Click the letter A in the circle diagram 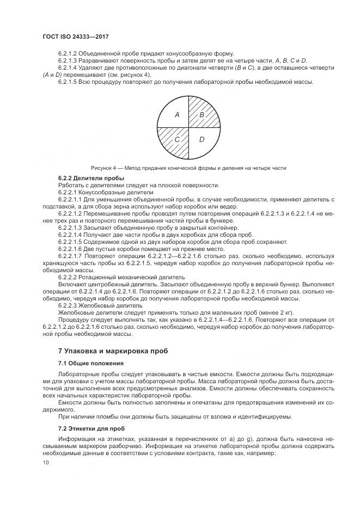(176, 115)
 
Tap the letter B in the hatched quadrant (202, 115)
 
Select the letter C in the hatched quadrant (176, 140)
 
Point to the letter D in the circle (202, 140)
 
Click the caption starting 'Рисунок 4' (188, 168)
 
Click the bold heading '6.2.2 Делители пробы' (91, 179)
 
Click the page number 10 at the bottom (45, 462)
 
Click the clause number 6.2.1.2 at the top (68, 53)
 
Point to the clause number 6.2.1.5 (68, 82)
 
